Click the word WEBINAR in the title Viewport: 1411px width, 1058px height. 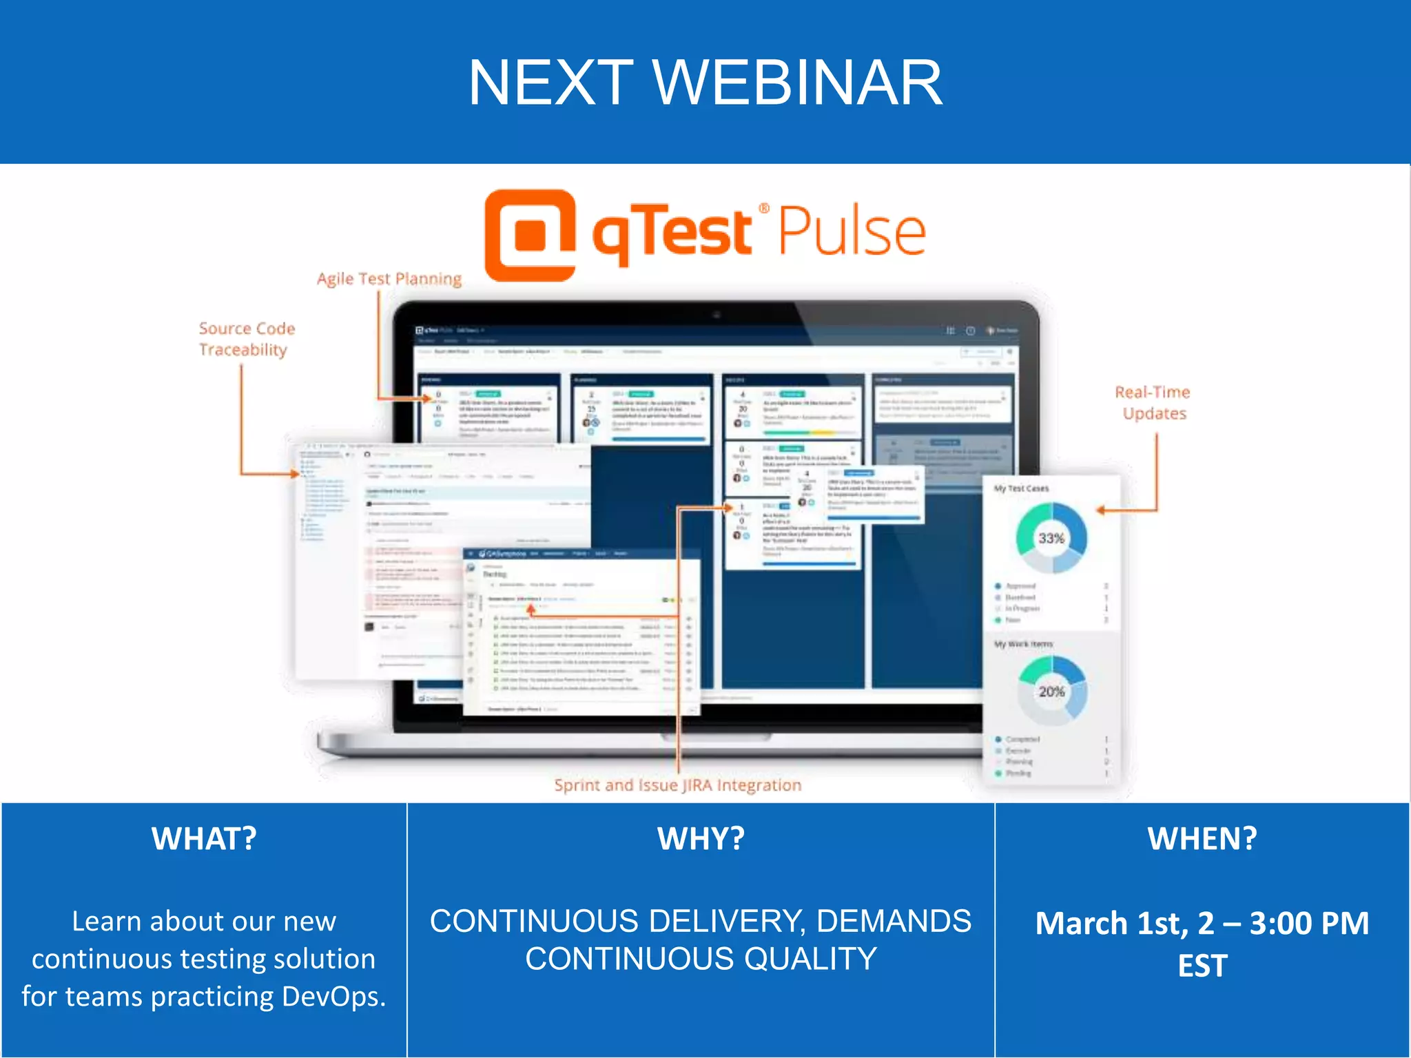[x=797, y=83]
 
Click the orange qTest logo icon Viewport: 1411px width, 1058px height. [x=530, y=235]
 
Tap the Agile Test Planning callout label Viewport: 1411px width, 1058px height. [x=389, y=279]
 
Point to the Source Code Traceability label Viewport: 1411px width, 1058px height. [x=246, y=339]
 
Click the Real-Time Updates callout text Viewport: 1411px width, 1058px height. [x=1153, y=403]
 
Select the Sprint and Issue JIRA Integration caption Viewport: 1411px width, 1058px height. [x=677, y=785]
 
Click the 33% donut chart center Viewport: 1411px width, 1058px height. [x=1051, y=538]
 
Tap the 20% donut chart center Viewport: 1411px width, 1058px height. [x=1051, y=691]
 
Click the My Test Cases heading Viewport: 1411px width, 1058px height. [x=1021, y=488]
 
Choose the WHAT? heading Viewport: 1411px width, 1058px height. [x=204, y=839]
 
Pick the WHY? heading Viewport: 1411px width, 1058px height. [x=701, y=839]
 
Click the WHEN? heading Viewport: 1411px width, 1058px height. [x=1202, y=839]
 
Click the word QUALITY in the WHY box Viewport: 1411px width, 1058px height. [x=810, y=959]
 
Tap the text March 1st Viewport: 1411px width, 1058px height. [x=1111, y=923]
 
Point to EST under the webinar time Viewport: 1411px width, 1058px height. [x=1202, y=966]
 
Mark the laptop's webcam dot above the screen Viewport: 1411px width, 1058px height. [x=717, y=315]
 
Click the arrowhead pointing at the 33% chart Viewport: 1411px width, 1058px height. [x=1101, y=510]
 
